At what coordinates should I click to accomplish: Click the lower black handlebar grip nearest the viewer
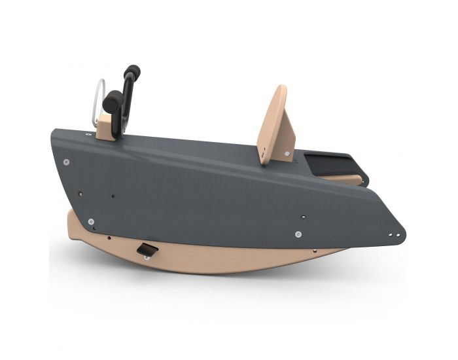(113, 101)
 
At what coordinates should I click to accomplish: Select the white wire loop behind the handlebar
(98, 95)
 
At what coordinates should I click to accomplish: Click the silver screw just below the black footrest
(146, 257)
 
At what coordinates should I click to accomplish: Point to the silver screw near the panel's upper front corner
(66, 161)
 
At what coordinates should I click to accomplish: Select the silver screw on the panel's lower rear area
(298, 234)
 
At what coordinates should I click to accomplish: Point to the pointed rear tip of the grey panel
(402, 232)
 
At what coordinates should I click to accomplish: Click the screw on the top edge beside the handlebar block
(88, 134)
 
